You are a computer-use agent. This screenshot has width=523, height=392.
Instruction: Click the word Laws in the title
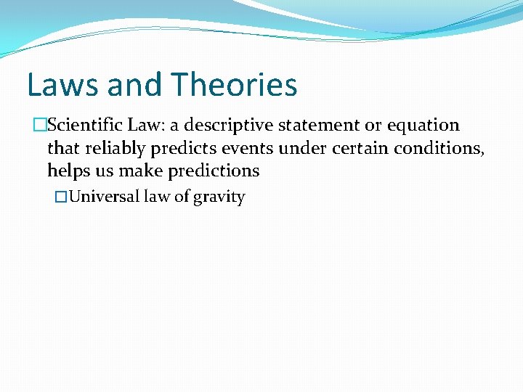(x=62, y=85)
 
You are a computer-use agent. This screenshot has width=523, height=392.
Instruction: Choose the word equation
(x=423, y=126)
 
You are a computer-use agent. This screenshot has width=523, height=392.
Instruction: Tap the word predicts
(x=180, y=148)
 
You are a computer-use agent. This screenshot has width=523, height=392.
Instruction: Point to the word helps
(x=68, y=171)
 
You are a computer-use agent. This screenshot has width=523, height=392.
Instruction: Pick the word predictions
(x=214, y=171)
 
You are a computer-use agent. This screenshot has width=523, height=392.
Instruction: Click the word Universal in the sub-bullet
(x=104, y=197)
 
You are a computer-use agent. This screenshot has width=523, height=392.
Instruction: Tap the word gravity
(x=219, y=197)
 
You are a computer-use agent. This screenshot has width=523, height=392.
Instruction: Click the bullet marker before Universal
(x=62, y=197)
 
